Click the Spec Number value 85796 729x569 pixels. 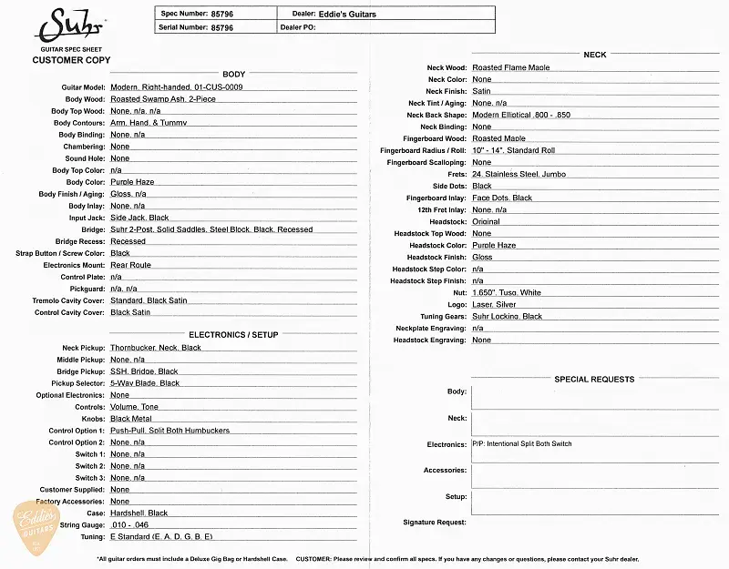221,14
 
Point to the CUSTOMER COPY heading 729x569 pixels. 71,60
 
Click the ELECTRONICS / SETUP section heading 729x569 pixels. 233,334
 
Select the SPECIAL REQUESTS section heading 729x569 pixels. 594,379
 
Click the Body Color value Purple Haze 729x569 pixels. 132,182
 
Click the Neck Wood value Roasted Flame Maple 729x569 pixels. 511,68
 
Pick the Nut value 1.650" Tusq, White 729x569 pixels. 507,292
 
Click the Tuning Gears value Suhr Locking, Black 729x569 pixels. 507,316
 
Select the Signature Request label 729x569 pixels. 435,523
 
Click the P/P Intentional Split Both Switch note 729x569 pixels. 522,444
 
